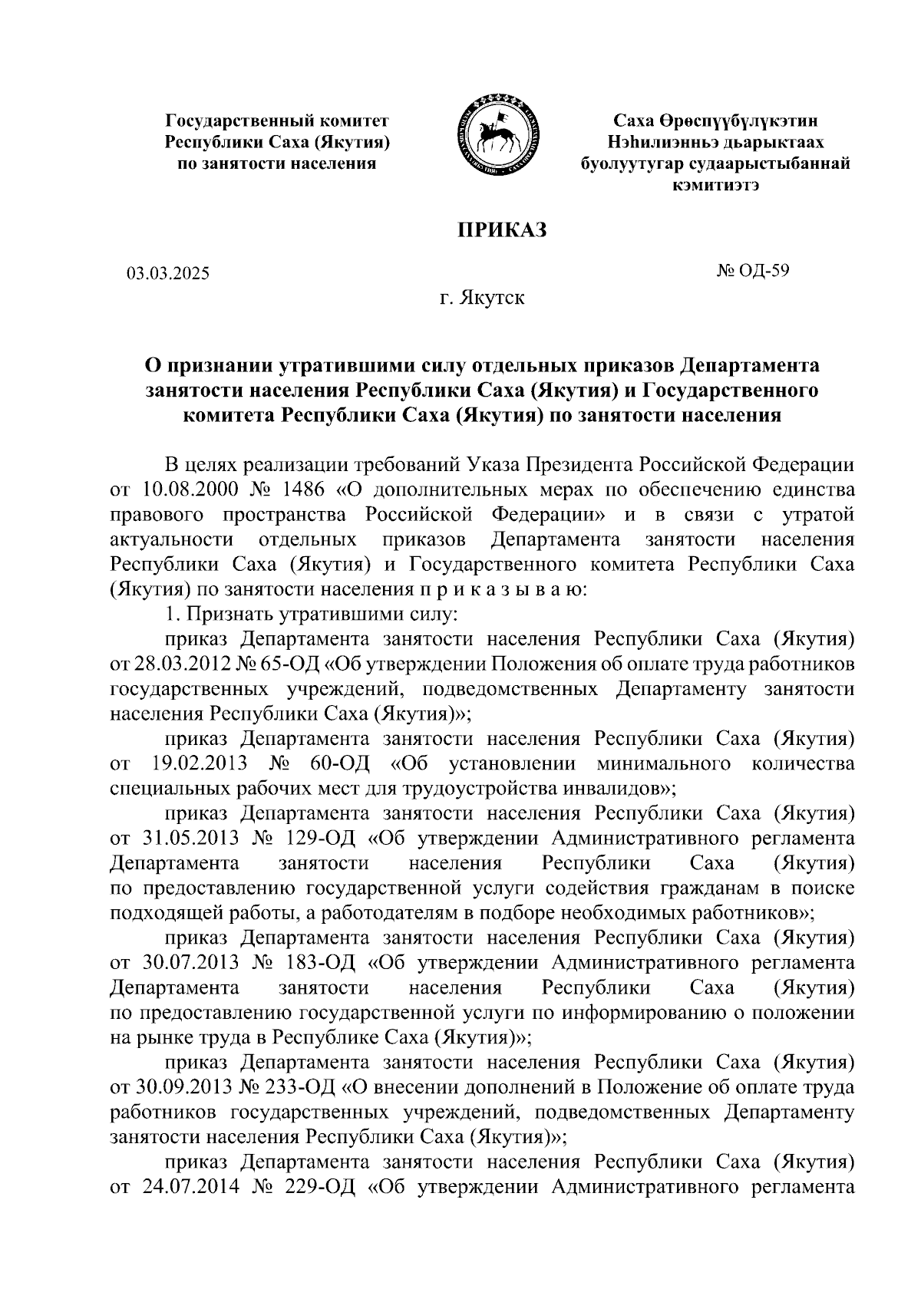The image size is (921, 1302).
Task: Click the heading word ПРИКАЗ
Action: (x=501, y=229)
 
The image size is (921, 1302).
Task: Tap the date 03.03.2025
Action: (x=168, y=272)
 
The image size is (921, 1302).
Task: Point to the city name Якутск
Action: (x=492, y=298)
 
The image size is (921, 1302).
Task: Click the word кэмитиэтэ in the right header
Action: (x=716, y=185)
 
